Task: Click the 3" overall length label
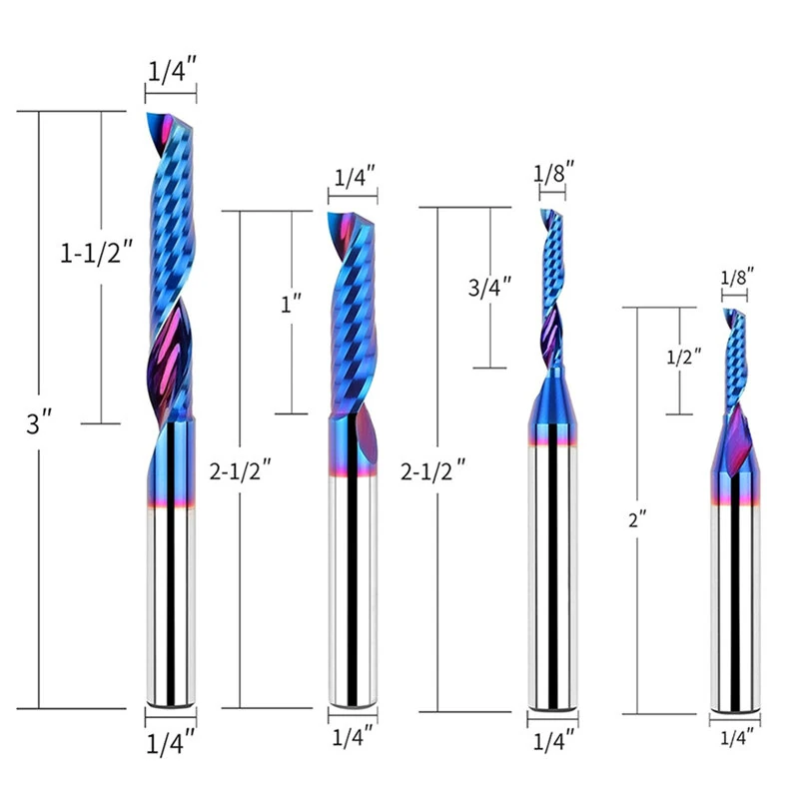pos(39,422)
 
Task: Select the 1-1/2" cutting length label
pos(97,253)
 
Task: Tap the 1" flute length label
pos(292,304)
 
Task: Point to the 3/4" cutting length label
pos(489,287)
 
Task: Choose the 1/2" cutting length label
pos(684,357)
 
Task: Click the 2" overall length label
pos(637,519)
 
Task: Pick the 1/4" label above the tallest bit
pos(172,70)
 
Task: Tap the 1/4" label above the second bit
pos(355,177)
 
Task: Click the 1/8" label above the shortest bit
pos(737,278)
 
